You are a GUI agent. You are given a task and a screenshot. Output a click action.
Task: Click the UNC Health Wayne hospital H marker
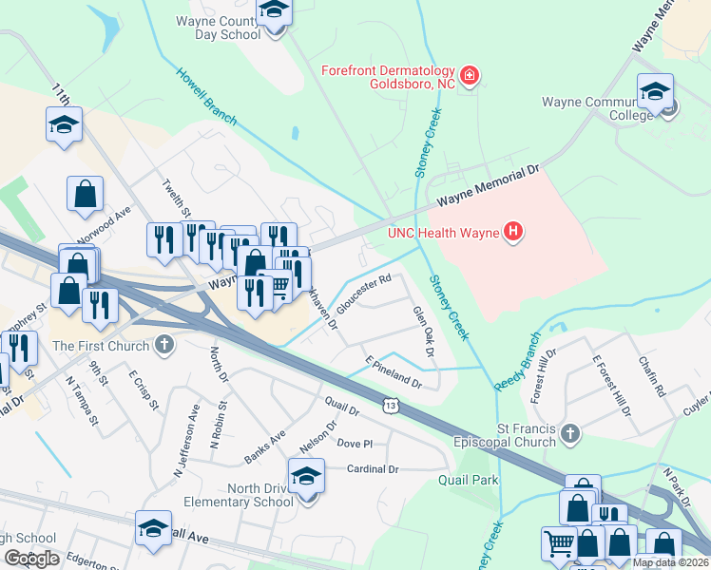(x=513, y=231)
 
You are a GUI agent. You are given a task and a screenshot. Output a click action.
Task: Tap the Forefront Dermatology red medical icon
(x=468, y=75)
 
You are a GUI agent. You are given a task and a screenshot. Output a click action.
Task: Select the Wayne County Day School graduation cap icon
(x=274, y=13)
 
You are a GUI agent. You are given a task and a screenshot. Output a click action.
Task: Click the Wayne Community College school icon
(x=655, y=93)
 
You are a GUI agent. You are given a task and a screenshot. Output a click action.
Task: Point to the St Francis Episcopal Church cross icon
(x=569, y=434)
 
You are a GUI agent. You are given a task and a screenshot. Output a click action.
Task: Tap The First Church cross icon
(x=164, y=346)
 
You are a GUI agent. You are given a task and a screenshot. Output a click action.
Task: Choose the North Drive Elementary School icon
(x=306, y=477)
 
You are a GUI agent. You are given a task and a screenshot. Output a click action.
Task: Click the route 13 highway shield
(x=392, y=407)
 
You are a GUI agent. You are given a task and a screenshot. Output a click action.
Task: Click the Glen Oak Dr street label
(x=423, y=332)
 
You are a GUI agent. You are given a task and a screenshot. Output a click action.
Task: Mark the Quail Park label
(x=468, y=481)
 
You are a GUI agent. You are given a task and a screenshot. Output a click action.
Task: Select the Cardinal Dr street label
(x=373, y=468)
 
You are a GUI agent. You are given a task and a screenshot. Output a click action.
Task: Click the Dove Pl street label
(x=355, y=444)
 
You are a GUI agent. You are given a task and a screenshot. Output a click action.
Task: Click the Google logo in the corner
(x=31, y=559)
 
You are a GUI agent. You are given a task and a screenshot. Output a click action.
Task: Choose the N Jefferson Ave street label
(x=186, y=440)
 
